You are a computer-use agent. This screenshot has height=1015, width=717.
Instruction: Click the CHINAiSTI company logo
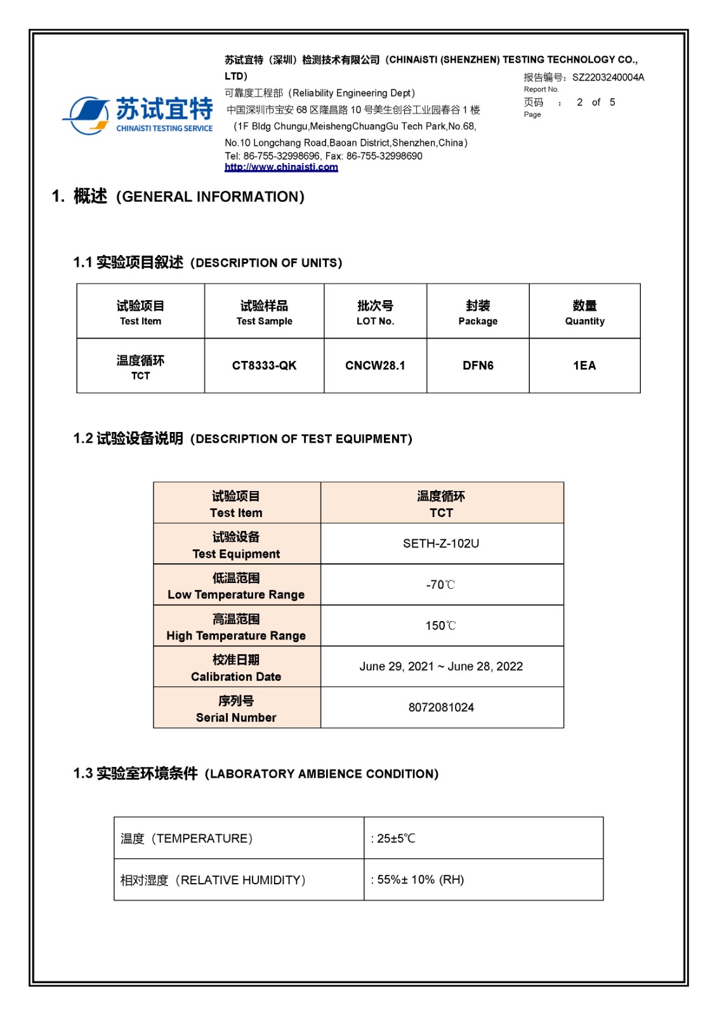tap(138, 115)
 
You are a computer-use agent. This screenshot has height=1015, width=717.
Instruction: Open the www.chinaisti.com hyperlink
tap(281, 167)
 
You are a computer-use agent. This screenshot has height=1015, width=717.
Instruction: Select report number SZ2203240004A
tap(608, 77)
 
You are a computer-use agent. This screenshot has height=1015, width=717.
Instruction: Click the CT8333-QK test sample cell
tap(264, 365)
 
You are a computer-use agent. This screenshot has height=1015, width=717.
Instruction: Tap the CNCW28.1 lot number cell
tap(375, 365)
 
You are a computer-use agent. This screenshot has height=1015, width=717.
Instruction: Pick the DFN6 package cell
tap(478, 365)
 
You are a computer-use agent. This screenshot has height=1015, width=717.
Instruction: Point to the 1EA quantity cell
tap(584, 365)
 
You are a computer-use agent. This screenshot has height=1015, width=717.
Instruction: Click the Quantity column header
tap(584, 313)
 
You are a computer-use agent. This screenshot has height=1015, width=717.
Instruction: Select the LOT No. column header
tap(375, 313)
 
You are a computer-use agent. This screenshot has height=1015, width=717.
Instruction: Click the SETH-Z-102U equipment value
tap(441, 544)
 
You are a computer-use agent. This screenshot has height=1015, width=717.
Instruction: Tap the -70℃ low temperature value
tap(441, 584)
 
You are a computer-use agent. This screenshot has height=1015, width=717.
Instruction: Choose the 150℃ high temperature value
tap(441, 625)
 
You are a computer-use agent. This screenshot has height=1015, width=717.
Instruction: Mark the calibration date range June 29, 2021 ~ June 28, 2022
tap(441, 666)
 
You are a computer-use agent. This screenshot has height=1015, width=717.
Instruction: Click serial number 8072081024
tap(441, 707)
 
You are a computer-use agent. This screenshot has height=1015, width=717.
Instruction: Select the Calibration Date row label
tap(236, 668)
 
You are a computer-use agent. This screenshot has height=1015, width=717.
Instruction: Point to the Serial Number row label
tap(236, 709)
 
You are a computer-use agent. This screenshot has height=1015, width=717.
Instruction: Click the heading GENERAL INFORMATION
tap(210, 197)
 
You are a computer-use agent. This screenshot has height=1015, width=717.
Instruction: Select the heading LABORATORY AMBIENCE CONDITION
tap(322, 774)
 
